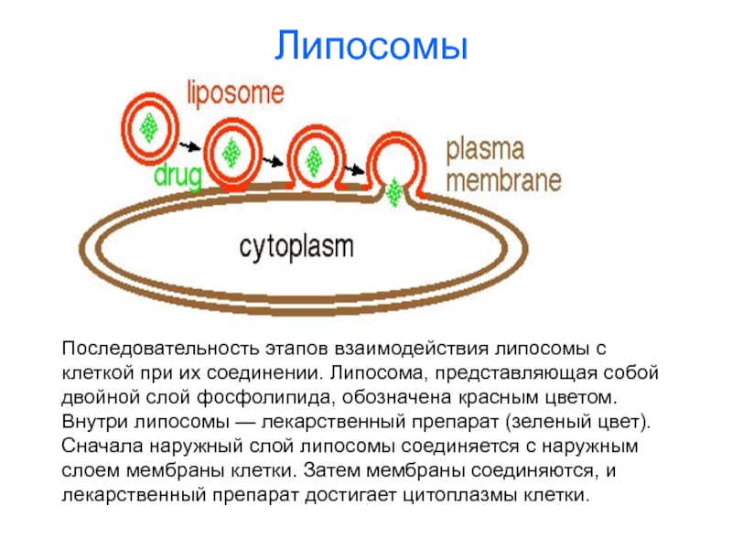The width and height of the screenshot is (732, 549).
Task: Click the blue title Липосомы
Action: pos(371,46)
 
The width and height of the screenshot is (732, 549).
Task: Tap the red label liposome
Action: pos(235,93)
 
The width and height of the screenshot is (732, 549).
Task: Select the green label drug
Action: pos(178,177)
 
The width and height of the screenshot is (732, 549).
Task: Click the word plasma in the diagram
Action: pos(485,150)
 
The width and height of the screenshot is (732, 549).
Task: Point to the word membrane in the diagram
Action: pos(504,180)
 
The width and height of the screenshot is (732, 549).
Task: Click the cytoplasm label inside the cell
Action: pos(296,247)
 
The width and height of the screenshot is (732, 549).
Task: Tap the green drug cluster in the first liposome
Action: pos(149,127)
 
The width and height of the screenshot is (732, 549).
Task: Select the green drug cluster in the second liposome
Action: pos(231,153)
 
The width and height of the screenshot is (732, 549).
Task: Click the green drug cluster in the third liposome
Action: pos(314,162)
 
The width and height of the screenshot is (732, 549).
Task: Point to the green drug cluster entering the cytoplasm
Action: pos(395,192)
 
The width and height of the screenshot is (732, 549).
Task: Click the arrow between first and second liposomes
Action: pos(190,146)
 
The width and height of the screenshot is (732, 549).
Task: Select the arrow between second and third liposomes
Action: pos(273,162)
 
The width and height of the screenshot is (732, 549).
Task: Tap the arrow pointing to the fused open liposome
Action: pos(355,169)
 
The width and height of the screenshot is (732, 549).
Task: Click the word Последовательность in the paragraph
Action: pos(161,349)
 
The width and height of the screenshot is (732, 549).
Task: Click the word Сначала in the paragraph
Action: pos(102,447)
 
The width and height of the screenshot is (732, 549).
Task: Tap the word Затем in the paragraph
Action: pos(331,470)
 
